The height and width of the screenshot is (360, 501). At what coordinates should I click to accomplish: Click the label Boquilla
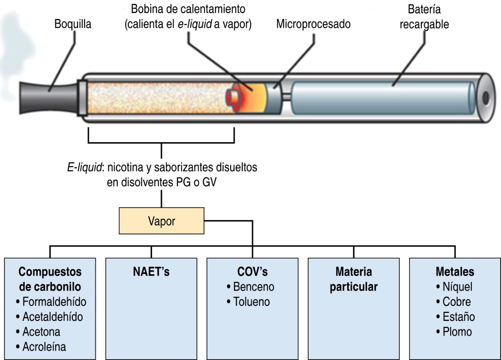point(72,24)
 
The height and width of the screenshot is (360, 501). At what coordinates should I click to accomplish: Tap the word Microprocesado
point(313,24)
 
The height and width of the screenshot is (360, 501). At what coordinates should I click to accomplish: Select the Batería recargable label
point(424,17)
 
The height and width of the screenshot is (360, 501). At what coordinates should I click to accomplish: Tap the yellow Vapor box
point(161,221)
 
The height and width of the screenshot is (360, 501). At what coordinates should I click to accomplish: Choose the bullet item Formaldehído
point(54,302)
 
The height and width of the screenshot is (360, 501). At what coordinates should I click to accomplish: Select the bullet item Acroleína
point(44,347)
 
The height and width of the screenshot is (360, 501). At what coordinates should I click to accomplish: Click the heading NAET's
point(151,272)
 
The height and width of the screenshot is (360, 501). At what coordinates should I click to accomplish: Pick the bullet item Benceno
point(253,287)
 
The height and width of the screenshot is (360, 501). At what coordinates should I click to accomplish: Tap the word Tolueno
point(251,302)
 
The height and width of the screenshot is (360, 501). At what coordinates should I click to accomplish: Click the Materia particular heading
point(354,279)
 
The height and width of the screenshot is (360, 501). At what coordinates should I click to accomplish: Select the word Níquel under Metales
point(457,287)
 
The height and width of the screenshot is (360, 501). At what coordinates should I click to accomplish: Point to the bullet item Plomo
point(457,332)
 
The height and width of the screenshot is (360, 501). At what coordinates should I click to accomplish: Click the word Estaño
point(458,316)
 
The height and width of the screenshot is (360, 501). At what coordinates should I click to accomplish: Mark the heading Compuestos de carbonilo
point(50,279)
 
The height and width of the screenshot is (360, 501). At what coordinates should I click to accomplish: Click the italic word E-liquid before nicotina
point(84,167)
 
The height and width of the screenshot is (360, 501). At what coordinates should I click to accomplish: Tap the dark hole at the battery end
point(486,98)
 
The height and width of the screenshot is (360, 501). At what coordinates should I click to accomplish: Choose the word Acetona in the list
point(41,332)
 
